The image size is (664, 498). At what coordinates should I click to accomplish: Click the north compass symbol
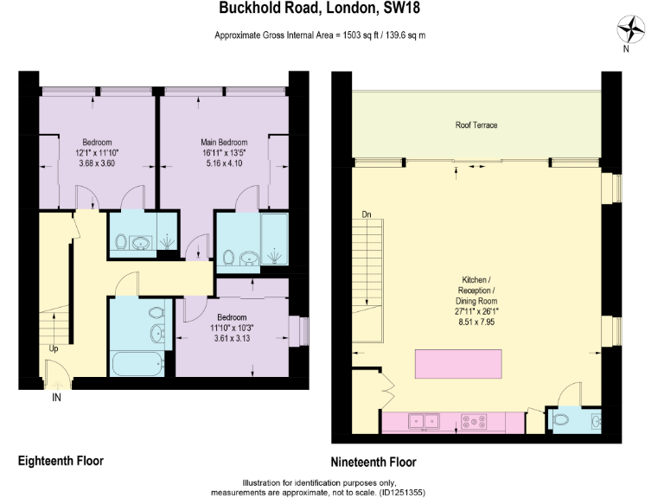coord(635,30)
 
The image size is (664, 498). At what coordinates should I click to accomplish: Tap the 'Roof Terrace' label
coord(476,125)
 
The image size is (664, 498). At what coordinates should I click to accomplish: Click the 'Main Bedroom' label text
coord(224,143)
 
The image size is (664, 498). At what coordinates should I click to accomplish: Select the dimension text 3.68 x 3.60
coord(97,163)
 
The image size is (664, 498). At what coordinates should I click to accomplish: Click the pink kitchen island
coord(458,363)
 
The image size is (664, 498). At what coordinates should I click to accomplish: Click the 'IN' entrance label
coord(56,399)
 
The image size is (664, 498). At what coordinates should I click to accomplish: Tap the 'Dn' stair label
coord(367,214)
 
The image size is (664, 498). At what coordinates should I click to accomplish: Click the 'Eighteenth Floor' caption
coord(61,461)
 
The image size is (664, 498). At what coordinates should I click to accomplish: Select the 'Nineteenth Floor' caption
coord(373,462)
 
